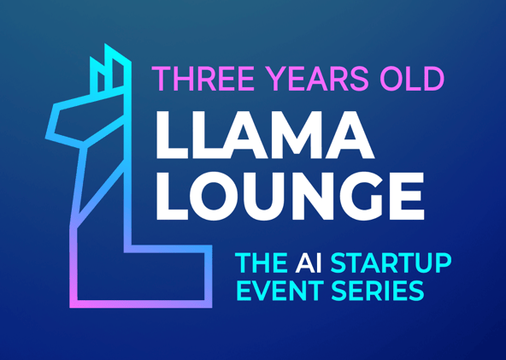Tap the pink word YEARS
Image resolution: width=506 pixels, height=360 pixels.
tap(309, 79)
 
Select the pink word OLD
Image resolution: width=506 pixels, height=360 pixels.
tap(412, 79)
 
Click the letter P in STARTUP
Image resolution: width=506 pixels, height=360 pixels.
tap(441, 263)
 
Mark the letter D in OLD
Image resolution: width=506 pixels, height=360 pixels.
tap(432, 79)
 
